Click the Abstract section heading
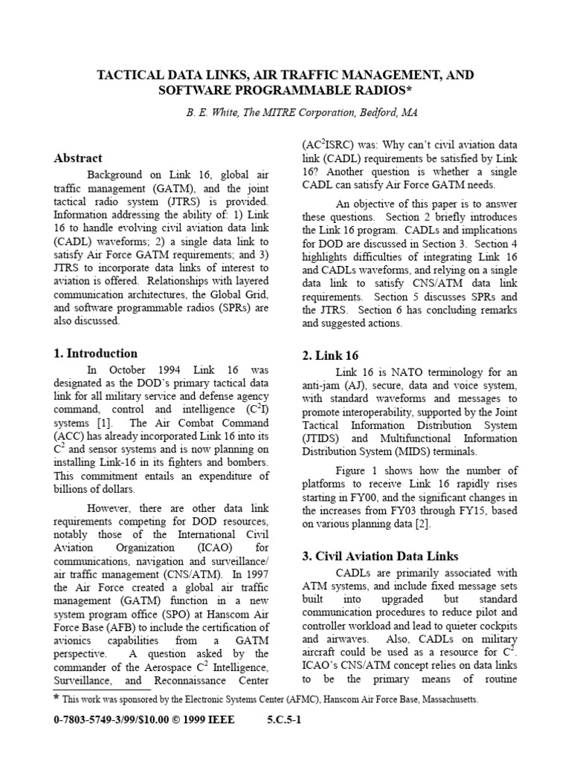pyautogui.click(x=78, y=158)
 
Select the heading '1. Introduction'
pyautogui.click(x=96, y=353)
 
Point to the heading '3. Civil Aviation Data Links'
pyautogui.click(x=380, y=556)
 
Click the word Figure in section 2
pyautogui.click(x=353, y=470)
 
